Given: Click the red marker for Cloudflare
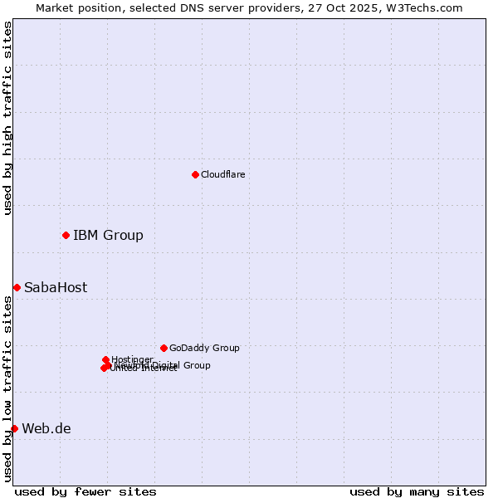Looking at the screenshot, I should coord(195,174).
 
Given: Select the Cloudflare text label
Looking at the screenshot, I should coord(222,174).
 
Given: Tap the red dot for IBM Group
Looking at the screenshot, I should coord(66,236).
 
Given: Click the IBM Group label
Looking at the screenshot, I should coord(108,236).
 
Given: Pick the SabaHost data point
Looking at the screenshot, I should coord(17,287).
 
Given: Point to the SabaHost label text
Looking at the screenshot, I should coord(56,288).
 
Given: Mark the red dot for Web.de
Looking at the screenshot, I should coord(14,428).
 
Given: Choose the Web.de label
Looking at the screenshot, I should coord(46,429).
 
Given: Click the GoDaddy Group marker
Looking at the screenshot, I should coord(164,348).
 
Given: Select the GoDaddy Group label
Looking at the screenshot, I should coord(204,349).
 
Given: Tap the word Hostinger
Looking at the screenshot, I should coord(133,359).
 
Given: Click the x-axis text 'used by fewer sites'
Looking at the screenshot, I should coord(85,491).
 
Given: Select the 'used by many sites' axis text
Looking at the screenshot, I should coord(417,491).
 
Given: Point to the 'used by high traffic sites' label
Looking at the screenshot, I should coord(7,118).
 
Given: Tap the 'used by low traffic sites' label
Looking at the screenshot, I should coord(7,390).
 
